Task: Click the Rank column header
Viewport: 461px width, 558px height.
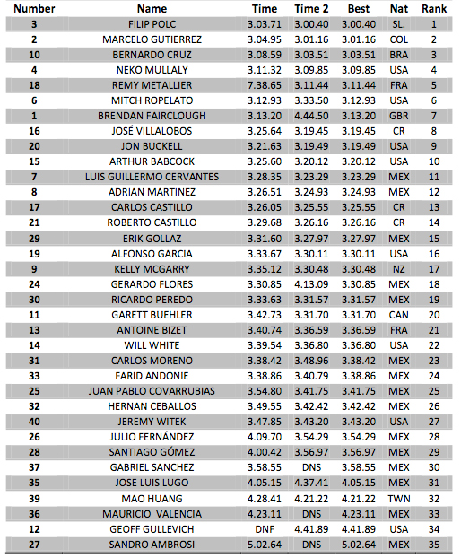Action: pyautogui.click(x=434, y=9)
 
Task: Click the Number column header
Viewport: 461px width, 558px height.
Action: pyautogui.click(x=33, y=9)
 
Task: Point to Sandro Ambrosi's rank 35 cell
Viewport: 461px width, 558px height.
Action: pyautogui.click(x=434, y=544)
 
